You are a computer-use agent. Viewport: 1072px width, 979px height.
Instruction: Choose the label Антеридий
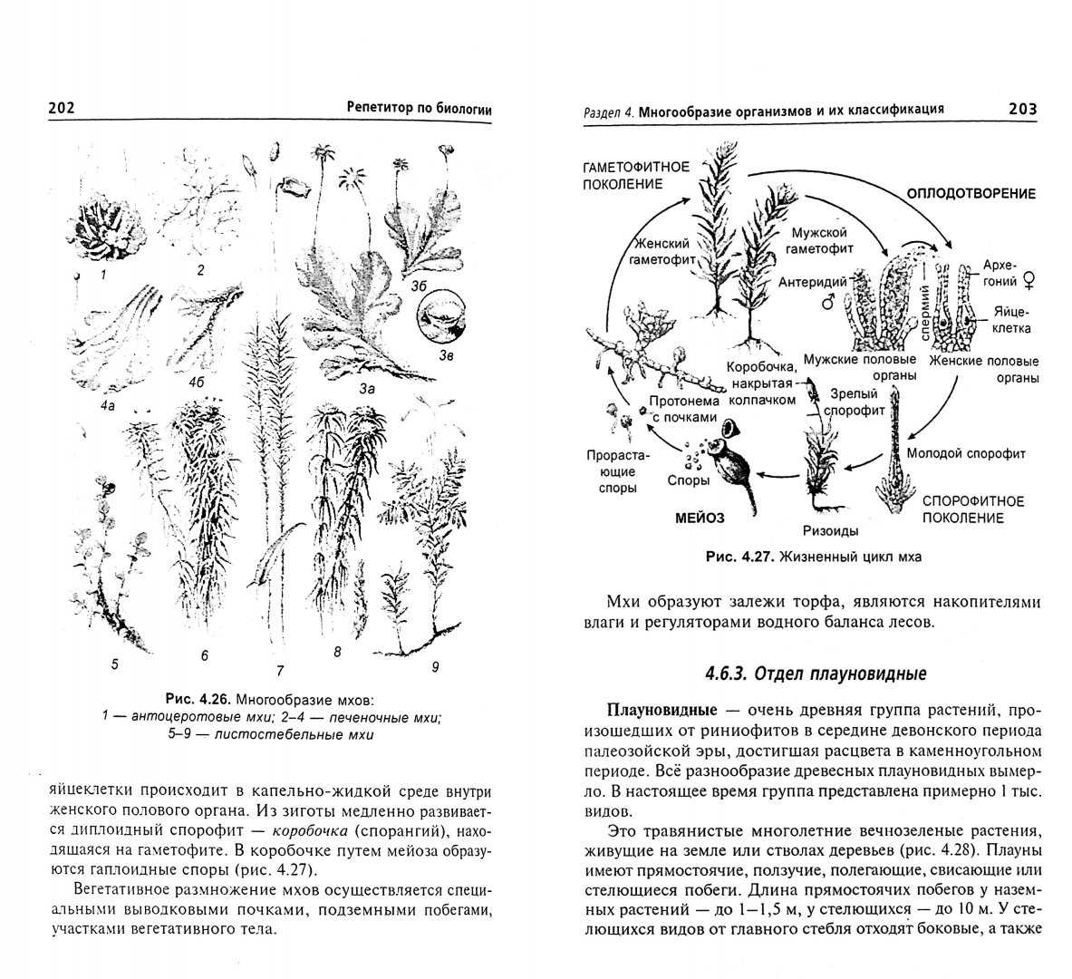pyautogui.click(x=812, y=282)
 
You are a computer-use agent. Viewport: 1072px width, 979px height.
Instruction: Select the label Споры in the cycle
pyautogui.click(x=688, y=481)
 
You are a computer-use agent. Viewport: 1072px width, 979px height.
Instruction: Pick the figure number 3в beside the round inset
pyautogui.click(x=446, y=356)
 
